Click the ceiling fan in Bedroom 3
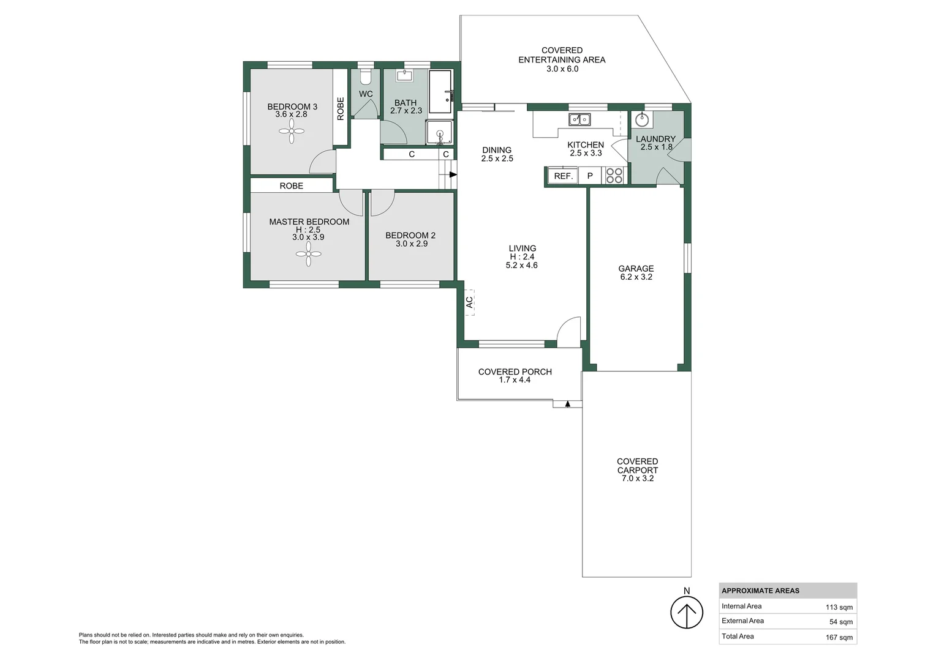(292, 130)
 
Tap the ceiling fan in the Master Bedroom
(309, 253)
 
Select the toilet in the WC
(366, 77)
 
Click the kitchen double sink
(579, 119)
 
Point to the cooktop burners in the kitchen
(614, 176)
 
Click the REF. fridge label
(563, 176)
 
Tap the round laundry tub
(642, 119)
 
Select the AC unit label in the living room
(469, 302)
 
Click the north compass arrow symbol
(686, 613)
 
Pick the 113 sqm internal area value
(839, 607)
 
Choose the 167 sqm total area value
(839, 637)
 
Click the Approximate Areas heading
(760, 591)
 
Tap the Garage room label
(636, 269)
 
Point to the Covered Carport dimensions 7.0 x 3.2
(637, 479)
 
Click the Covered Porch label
(515, 372)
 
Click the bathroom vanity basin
(404, 76)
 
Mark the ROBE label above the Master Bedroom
(291, 185)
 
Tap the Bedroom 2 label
(410, 235)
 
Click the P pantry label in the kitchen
(590, 176)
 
